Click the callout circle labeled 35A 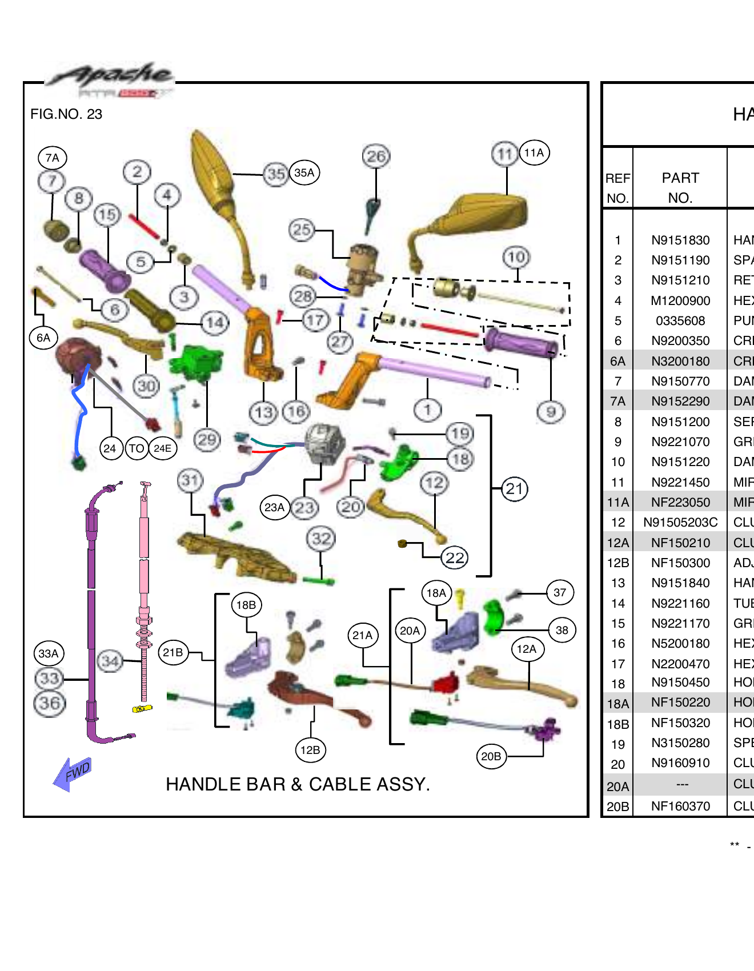(304, 172)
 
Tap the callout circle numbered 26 (376, 156)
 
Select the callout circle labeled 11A (534, 153)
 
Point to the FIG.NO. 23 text (66, 114)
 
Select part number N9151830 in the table (680, 240)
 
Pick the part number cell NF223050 (680, 502)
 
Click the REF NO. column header (617, 188)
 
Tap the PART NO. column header (680, 188)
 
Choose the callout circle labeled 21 (514, 489)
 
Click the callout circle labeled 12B (310, 750)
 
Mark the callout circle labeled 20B (491, 756)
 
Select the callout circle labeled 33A (49, 653)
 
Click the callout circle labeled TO (137, 448)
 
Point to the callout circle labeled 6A (43, 338)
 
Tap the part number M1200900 (680, 300)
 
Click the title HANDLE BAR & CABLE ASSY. (298, 784)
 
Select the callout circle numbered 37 (560, 593)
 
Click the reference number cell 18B (617, 724)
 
